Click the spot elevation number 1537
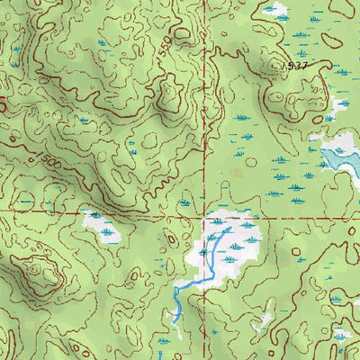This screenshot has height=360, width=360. coord(293,67)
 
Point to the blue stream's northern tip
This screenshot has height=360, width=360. coord(230,229)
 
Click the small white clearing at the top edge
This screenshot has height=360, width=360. coord(274,11)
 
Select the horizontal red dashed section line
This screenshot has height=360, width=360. coord(108,211)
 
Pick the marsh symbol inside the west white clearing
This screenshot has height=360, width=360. coord(108,231)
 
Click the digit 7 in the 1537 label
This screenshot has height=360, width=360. coord(304,67)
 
